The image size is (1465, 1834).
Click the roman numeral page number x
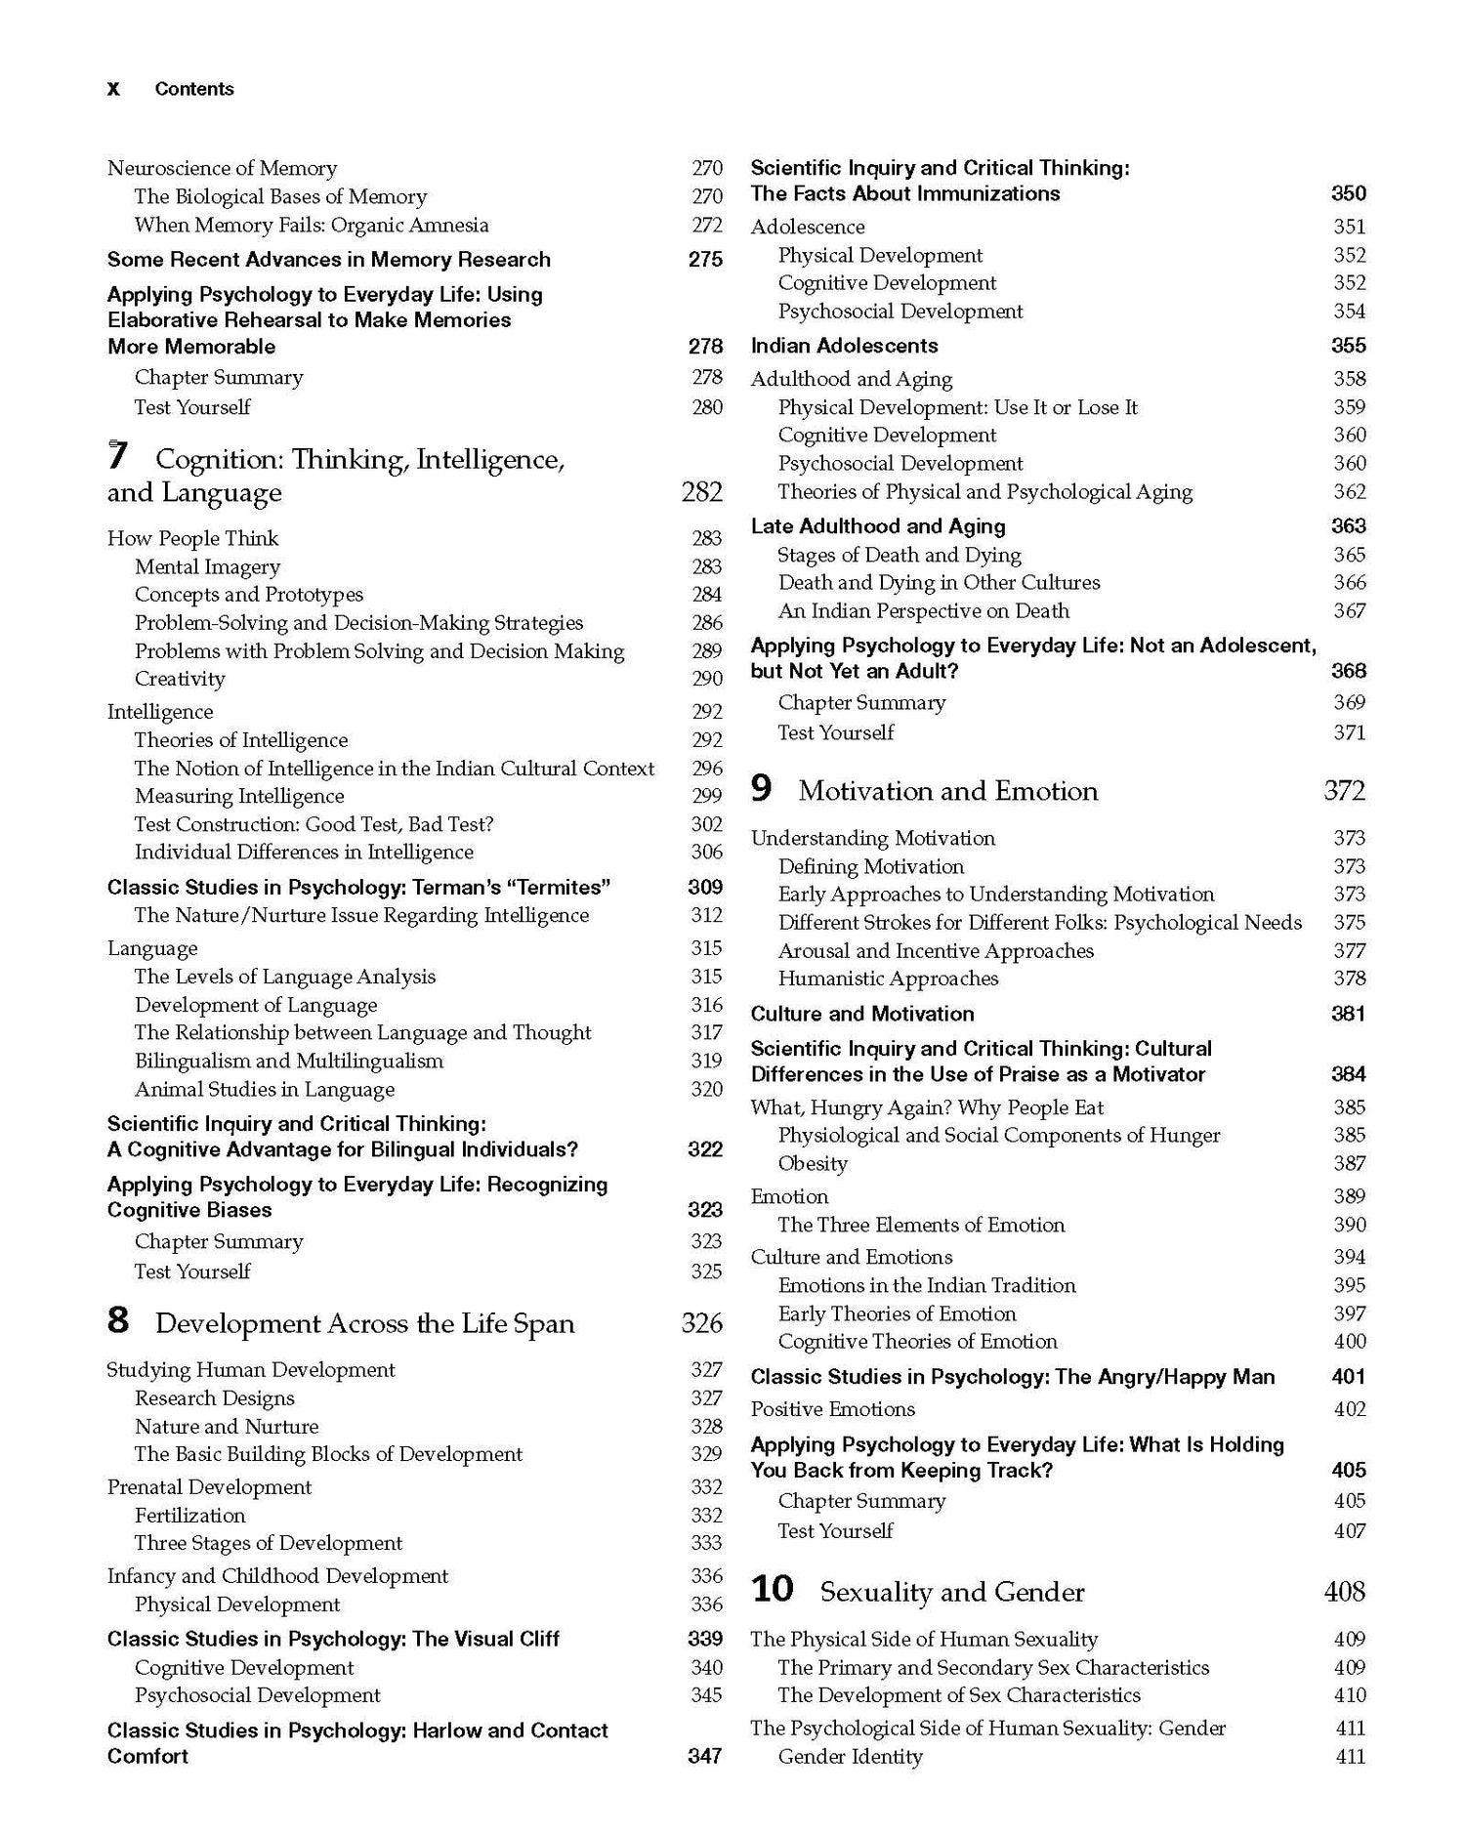point(113,89)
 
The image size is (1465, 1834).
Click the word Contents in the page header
point(194,89)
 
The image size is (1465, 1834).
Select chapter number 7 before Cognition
point(117,457)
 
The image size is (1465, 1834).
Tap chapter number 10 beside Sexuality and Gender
point(772,1590)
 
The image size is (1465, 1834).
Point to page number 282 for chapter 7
point(702,492)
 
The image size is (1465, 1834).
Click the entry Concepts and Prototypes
point(249,595)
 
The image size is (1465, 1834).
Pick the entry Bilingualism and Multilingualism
point(289,1061)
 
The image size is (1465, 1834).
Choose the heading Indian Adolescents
point(844,346)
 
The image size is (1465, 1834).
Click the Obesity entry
point(813,1163)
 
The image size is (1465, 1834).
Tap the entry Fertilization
point(190,1515)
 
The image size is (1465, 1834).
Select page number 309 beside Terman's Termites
point(705,887)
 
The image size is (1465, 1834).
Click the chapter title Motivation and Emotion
point(947,790)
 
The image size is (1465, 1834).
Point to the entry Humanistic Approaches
point(888,979)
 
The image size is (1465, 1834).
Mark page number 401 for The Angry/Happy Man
point(1349,1376)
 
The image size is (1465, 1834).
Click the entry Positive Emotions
point(832,1409)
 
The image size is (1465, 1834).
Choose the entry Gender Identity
point(850,1756)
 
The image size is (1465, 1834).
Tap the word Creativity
point(180,679)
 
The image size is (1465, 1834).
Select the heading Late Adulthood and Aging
point(877,526)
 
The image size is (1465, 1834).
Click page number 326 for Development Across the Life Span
point(702,1323)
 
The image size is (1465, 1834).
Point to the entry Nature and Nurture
point(227,1426)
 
